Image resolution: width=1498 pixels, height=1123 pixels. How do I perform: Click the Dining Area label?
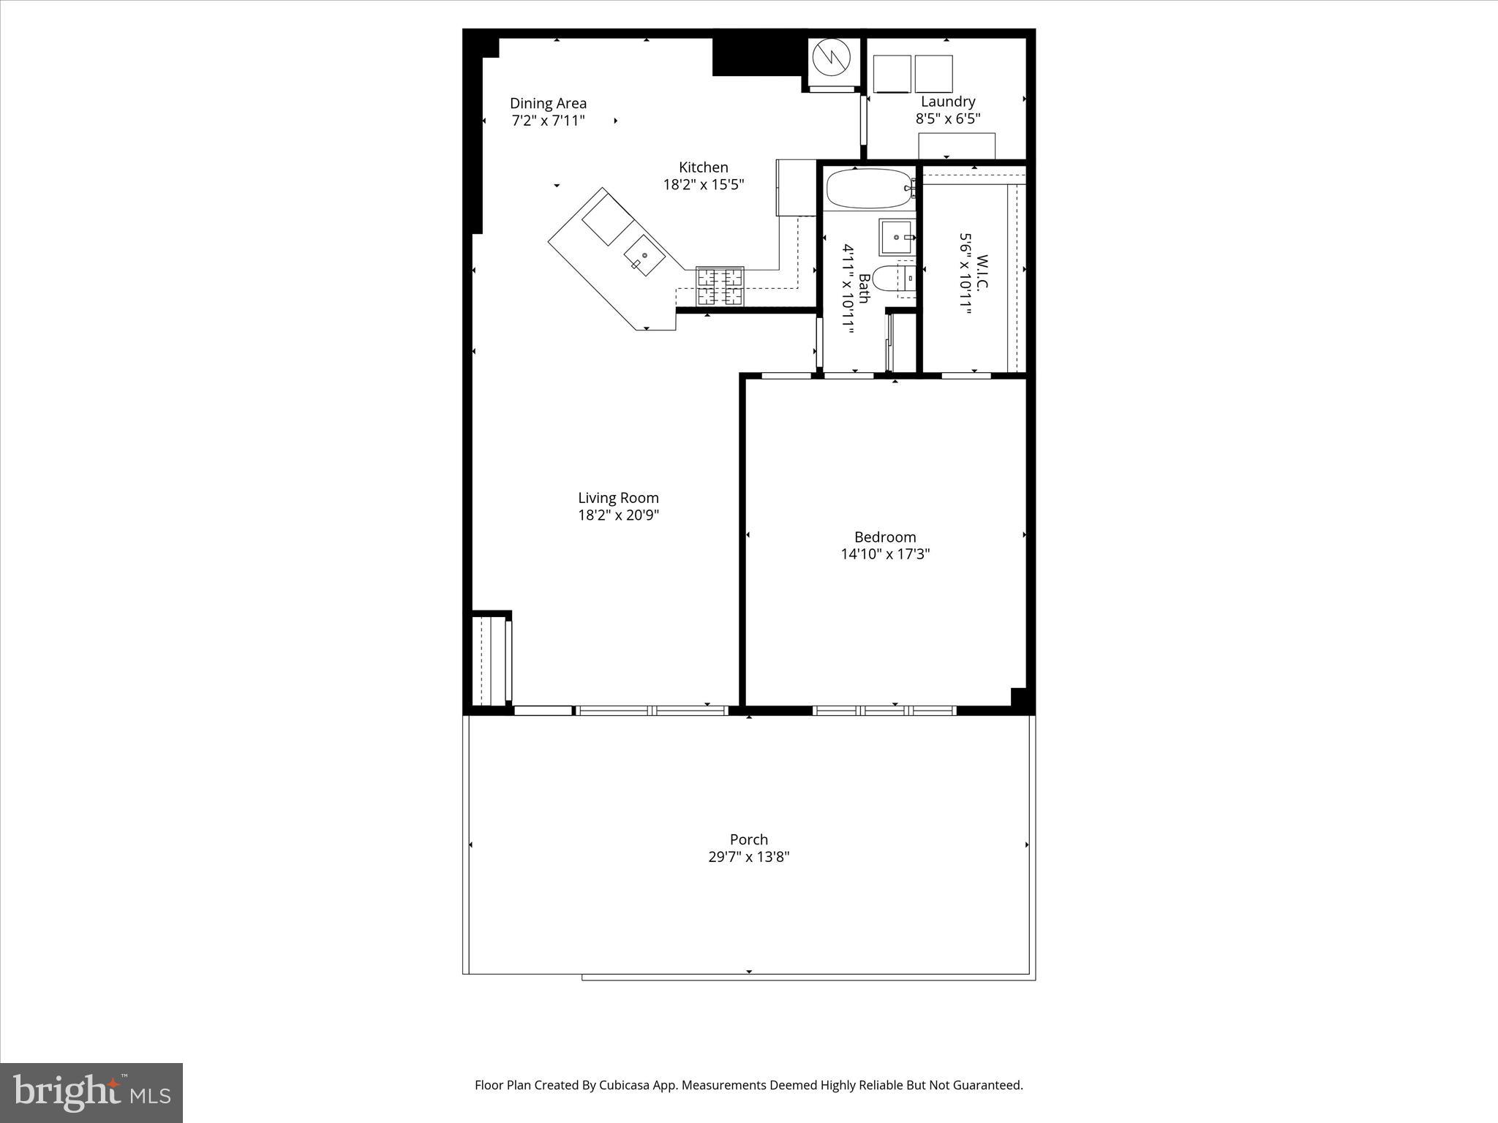[x=548, y=103]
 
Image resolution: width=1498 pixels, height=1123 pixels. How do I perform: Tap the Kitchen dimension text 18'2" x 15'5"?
[x=703, y=185]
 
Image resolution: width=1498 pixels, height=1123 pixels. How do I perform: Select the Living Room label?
[x=618, y=498]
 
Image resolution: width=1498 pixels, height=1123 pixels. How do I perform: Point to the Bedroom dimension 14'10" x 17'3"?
[x=884, y=554]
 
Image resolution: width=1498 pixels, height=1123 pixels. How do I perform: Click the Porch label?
[x=748, y=839]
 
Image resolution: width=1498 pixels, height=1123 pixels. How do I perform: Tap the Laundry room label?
[x=947, y=102]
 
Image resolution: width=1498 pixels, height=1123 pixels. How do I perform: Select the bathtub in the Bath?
[x=868, y=189]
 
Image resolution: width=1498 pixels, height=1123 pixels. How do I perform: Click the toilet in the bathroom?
[x=892, y=279]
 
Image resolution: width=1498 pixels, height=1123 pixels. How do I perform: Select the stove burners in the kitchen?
[x=720, y=287]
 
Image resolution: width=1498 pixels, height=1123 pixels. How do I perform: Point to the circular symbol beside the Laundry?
[x=832, y=58]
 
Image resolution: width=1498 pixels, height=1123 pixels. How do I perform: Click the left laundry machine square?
[x=892, y=74]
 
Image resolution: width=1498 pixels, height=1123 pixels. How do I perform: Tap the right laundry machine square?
[x=933, y=74]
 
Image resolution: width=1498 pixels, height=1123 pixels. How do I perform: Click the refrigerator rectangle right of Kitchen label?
[x=796, y=187]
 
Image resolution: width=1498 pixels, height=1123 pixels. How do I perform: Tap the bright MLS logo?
[x=91, y=1092]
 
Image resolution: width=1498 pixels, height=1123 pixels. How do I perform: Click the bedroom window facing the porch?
[x=884, y=710]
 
